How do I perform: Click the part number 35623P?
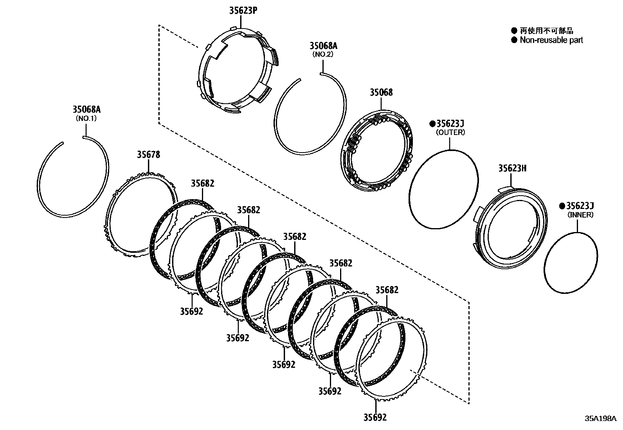tap(243, 11)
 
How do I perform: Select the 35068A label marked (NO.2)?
tap(323, 46)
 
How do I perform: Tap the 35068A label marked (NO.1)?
tap(86, 110)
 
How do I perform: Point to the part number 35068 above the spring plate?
tap(381, 92)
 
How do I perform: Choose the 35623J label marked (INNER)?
tap(580, 206)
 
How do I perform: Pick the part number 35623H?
tap(512, 168)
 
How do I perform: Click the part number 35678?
tap(148, 155)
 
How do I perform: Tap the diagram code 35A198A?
tap(600, 418)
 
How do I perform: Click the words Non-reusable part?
tap(551, 40)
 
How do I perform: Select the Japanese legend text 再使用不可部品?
tap(546, 31)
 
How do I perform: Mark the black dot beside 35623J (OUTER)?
tap(432, 124)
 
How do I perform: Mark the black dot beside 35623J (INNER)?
tap(562, 206)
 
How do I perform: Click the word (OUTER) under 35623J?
tap(450, 132)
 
